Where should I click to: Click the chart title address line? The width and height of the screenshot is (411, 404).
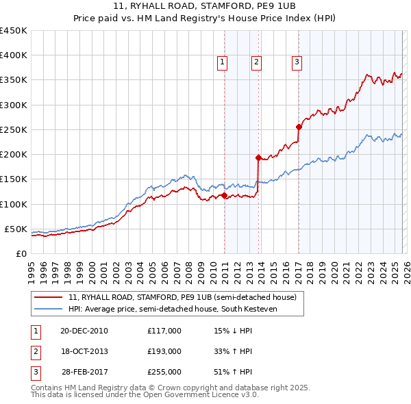coord(205,7)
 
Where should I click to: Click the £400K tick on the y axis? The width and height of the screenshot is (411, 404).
coord(13,55)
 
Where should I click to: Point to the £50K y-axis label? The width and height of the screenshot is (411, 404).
coord(16,229)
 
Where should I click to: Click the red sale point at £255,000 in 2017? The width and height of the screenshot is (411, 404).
coord(299,127)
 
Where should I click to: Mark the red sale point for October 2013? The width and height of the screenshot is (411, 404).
coord(258,157)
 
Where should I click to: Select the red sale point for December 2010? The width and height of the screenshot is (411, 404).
coord(225,196)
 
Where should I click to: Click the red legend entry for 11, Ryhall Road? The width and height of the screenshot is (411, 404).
coord(182,298)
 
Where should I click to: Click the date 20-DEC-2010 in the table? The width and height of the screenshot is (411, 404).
coord(84,331)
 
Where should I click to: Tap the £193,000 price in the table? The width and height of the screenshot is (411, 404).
coord(164,351)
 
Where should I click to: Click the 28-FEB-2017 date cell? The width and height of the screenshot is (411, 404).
coord(84,372)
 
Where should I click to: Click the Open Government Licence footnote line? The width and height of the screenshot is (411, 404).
coord(145,394)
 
